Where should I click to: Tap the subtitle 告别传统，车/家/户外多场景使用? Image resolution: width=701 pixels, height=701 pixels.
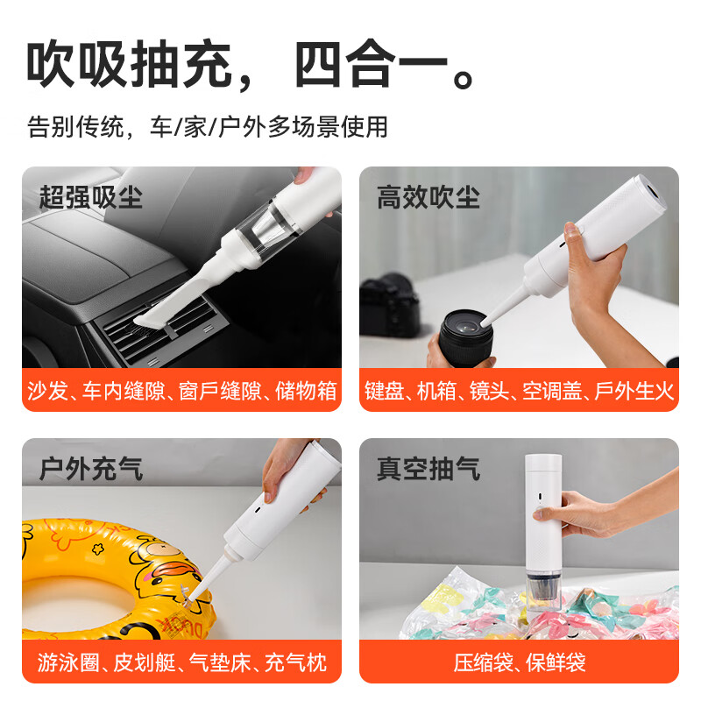(207, 127)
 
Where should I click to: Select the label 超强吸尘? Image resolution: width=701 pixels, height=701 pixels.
(91, 196)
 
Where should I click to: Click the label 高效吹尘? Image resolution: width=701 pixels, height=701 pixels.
(428, 196)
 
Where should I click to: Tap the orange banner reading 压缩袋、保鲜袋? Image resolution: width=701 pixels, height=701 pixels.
(520, 662)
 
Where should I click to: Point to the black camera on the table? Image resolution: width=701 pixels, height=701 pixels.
(389, 302)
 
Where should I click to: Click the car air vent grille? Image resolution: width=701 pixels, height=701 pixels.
(162, 324)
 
